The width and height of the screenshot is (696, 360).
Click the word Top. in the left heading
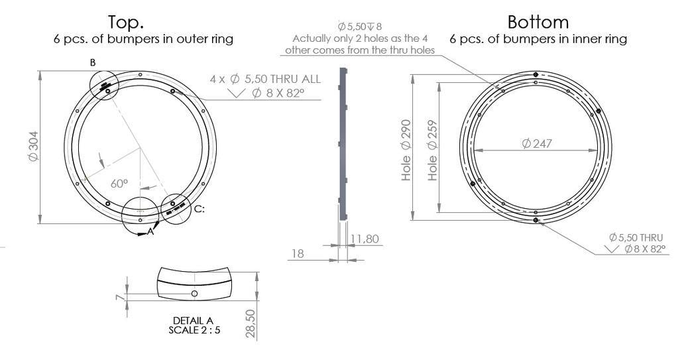click(x=126, y=22)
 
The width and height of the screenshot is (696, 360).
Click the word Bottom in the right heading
click(x=538, y=22)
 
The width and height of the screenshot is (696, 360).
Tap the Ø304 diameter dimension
click(x=34, y=147)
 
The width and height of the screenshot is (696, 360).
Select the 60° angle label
click(x=119, y=184)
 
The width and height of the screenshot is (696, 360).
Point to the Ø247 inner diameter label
click(x=537, y=143)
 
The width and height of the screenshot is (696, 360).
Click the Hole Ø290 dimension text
click(x=406, y=150)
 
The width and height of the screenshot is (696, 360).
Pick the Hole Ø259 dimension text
click(x=432, y=150)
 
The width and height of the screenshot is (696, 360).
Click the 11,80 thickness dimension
click(x=365, y=239)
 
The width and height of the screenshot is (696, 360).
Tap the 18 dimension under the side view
click(x=298, y=253)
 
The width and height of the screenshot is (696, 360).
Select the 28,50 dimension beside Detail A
click(x=251, y=324)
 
